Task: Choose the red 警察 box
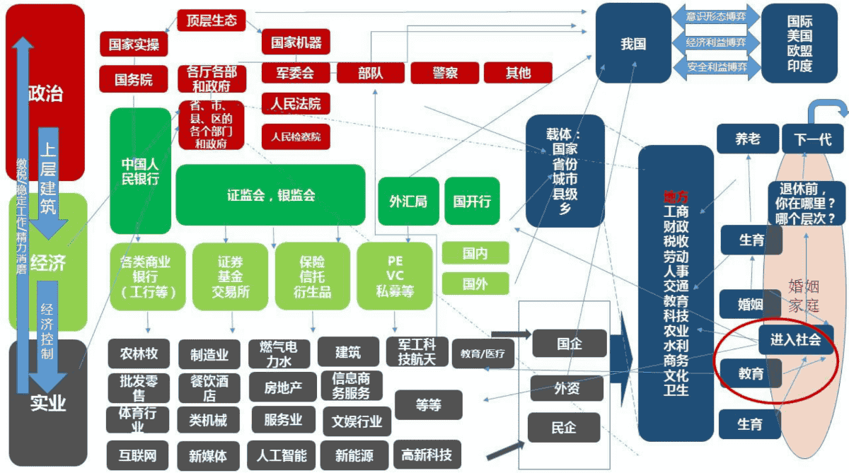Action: point(445,72)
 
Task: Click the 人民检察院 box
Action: point(296,136)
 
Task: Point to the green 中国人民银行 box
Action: point(140,170)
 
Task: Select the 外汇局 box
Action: point(408,202)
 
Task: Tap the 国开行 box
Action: point(472,202)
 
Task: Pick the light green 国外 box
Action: point(475,284)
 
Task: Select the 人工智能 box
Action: point(282,455)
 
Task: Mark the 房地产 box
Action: point(283,386)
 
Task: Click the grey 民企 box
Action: point(563,428)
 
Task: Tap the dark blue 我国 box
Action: point(633,44)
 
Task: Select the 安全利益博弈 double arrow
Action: point(716,67)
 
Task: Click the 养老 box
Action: point(747,139)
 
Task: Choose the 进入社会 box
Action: point(795,339)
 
